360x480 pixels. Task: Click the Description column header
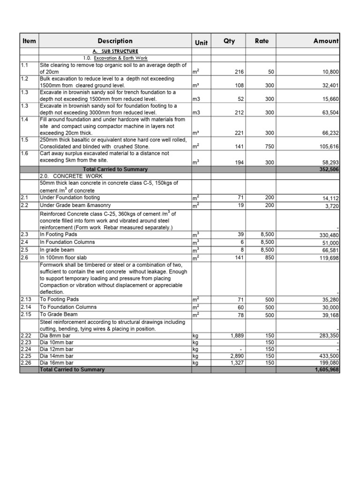pyautogui.click(x=115, y=41)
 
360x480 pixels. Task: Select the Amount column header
pyautogui.click(x=326, y=41)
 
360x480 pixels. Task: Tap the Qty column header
pyautogui.click(x=229, y=41)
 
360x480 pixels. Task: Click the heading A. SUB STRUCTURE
pyautogui.click(x=115, y=51)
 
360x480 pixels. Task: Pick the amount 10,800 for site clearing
pyautogui.click(x=329, y=72)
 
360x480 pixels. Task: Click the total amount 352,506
pyautogui.click(x=329, y=170)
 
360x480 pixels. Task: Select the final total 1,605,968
pyautogui.click(x=326, y=370)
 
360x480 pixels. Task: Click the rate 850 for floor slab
pyautogui.click(x=270, y=258)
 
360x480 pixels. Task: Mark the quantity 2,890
pyautogui.click(x=235, y=357)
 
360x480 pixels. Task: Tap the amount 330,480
pyautogui.click(x=328, y=235)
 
